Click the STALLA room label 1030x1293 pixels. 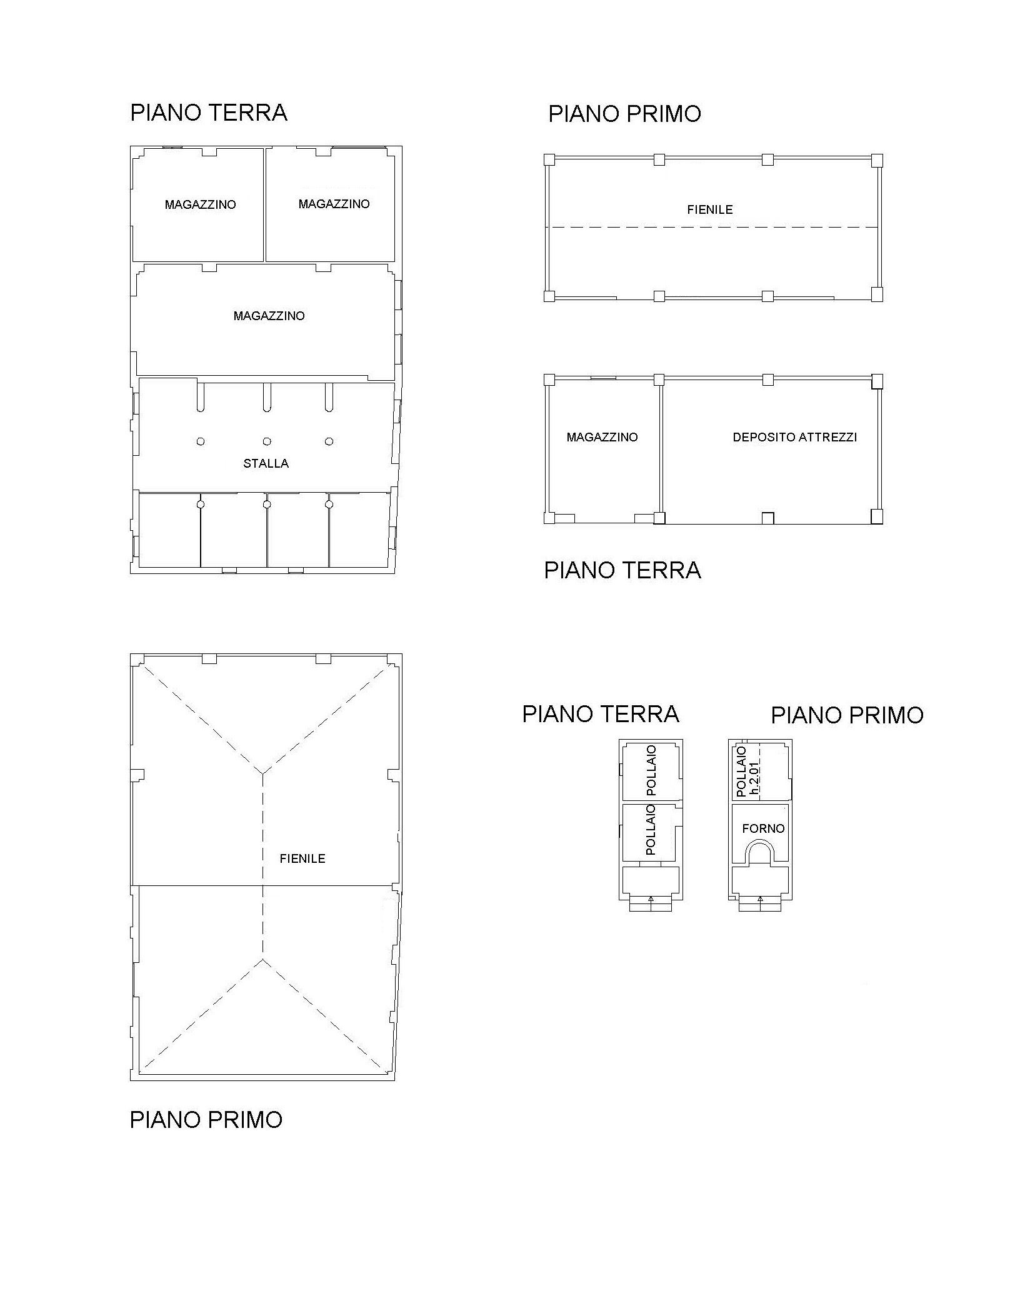point(266,463)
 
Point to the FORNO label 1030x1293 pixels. point(763,828)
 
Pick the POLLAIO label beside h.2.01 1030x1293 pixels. point(741,772)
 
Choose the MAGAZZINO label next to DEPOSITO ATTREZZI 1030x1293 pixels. point(602,437)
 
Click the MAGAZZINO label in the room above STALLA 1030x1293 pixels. point(269,316)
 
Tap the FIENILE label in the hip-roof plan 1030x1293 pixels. point(302,858)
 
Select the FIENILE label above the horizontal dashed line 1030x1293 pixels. point(710,209)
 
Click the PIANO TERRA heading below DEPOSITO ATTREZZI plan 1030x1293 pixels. point(622,570)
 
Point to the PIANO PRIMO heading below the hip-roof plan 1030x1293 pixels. point(206,1119)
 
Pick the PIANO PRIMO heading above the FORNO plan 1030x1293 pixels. point(847,715)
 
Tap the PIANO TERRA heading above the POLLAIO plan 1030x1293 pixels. point(601,713)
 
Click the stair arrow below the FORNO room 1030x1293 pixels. point(760,899)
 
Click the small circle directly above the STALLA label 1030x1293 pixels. point(267,441)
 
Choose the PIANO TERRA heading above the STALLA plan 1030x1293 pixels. point(209,113)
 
